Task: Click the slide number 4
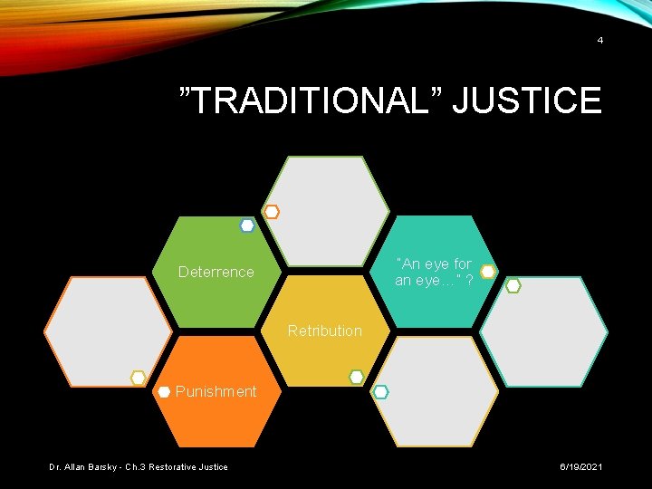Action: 599,41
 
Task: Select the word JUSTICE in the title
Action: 526,100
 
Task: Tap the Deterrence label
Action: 216,272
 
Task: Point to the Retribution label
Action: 324,331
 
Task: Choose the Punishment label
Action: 216,391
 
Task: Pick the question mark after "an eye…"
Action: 468,280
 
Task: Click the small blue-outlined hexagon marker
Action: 247,225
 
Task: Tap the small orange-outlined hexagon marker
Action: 272,212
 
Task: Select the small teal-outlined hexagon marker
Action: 381,391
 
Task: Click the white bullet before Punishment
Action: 164,391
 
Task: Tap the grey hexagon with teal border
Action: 543,331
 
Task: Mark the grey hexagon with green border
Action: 331,211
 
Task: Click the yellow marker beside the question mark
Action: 487,272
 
